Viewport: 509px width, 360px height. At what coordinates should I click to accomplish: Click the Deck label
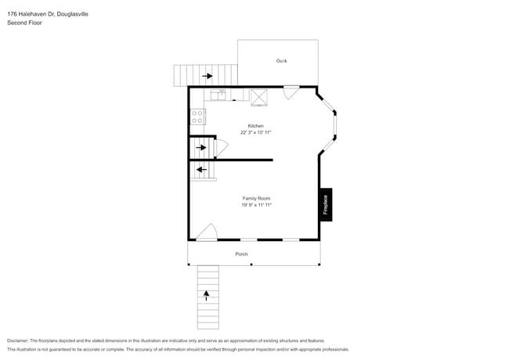[281, 61]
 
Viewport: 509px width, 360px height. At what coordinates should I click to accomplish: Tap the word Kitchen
[256, 126]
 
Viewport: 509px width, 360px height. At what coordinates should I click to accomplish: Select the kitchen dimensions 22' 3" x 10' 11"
[256, 133]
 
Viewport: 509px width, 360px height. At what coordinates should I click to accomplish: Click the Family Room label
[256, 199]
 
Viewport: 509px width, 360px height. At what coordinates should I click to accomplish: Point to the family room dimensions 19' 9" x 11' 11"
[256, 205]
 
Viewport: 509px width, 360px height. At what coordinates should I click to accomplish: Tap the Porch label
[242, 254]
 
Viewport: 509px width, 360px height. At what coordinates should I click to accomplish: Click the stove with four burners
[197, 117]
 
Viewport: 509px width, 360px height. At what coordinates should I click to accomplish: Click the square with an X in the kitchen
[259, 95]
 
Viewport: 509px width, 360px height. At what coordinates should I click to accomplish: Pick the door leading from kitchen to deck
[291, 92]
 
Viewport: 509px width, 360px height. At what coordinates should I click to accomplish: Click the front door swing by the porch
[207, 232]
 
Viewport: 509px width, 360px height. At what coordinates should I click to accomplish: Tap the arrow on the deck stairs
[208, 76]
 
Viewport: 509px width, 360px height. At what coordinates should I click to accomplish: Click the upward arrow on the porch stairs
[208, 296]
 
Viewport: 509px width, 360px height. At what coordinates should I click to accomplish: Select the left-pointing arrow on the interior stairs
[201, 169]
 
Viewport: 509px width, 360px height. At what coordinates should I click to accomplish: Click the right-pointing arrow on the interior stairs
[201, 147]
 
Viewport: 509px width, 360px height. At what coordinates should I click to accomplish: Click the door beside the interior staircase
[222, 146]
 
